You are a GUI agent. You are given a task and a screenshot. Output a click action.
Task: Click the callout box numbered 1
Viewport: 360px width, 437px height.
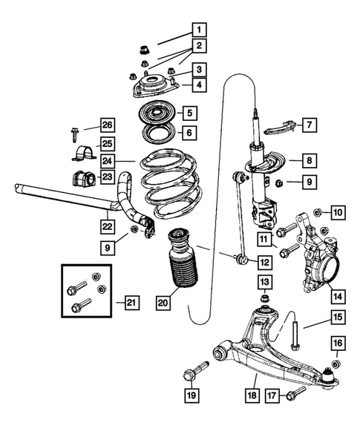coord(198,30)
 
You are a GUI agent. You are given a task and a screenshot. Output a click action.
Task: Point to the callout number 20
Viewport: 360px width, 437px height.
coord(163,302)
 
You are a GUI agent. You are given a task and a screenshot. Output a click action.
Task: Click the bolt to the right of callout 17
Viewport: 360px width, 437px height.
coord(298,392)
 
